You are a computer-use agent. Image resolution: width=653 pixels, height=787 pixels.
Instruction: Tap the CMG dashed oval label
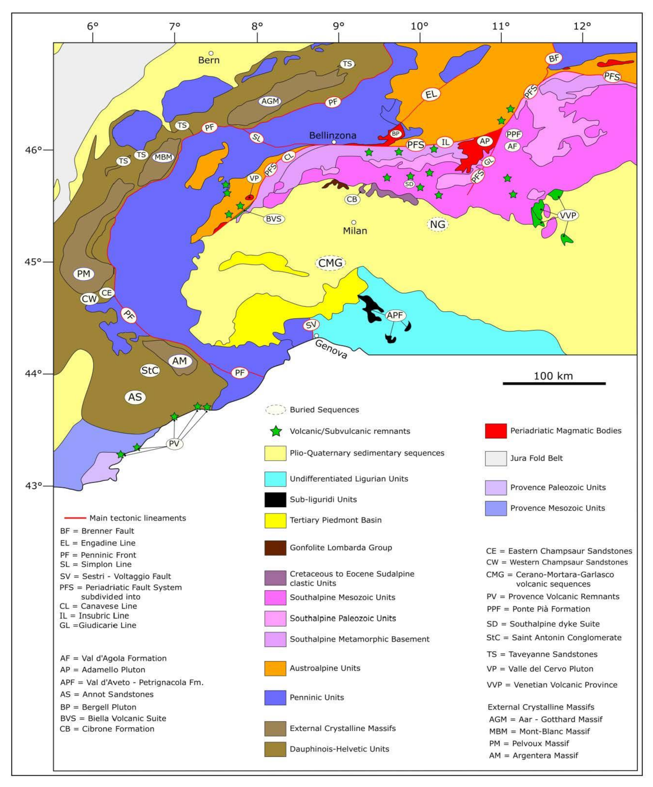tap(330, 263)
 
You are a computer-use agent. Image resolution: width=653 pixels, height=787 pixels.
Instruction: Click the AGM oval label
tap(270, 101)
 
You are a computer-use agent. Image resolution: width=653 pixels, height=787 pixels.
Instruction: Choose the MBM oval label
tap(163, 157)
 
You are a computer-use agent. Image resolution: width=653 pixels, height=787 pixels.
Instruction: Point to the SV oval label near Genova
tap(311, 325)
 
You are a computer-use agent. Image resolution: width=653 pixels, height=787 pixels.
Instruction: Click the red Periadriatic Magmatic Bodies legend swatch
tap(496, 431)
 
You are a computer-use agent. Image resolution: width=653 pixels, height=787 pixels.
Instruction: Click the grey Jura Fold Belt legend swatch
tap(496, 458)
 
